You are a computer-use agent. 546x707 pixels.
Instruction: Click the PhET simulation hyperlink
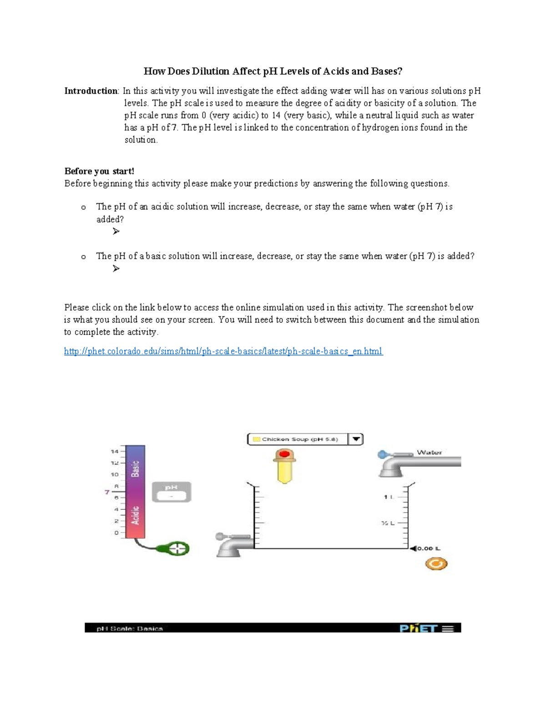[223, 351]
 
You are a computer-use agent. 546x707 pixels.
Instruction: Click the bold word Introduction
[91, 91]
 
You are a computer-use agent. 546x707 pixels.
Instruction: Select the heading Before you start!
[99, 171]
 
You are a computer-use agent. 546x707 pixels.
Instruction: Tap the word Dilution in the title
[210, 71]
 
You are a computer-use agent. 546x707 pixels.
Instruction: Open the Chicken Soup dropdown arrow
[356, 439]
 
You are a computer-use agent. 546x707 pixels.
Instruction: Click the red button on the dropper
[285, 454]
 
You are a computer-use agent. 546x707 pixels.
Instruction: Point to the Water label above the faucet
[429, 453]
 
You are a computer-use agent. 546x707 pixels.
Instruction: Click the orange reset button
[436, 564]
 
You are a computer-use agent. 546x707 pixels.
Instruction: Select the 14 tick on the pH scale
[115, 452]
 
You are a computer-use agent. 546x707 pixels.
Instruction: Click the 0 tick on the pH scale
[116, 533]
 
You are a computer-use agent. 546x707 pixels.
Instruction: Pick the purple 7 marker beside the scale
[107, 492]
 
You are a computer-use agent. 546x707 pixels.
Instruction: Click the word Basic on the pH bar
[135, 468]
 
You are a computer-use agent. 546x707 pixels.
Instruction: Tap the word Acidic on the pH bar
[135, 515]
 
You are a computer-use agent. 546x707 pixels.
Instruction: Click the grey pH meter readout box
[172, 492]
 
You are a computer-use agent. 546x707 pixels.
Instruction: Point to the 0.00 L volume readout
[428, 549]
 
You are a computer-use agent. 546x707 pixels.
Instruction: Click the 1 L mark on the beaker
[388, 497]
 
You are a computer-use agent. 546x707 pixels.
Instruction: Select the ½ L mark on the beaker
[388, 523]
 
